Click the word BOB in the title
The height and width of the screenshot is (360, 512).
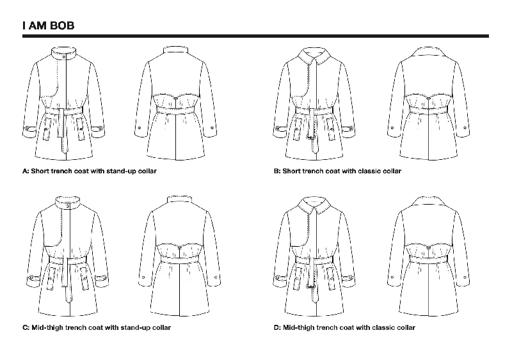pyautogui.click(x=62, y=26)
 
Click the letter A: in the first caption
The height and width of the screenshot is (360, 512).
pyautogui.click(x=26, y=171)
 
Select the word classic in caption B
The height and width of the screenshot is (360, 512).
pyautogui.click(x=371, y=171)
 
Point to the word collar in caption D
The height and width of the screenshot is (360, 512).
pyautogui.click(x=405, y=327)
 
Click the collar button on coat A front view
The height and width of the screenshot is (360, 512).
pyautogui.click(x=63, y=57)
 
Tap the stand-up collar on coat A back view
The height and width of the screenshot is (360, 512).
pyautogui.click(x=175, y=51)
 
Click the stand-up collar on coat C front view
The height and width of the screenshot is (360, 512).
pyautogui.click(x=68, y=202)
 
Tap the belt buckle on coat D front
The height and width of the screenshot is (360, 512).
pyautogui.click(x=310, y=286)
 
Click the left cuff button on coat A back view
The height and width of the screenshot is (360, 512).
pyautogui.click(x=140, y=128)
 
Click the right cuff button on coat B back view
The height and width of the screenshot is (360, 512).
pyautogui.click(x=465, y=128)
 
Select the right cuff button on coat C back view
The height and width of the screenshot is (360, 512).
pyautogui.click(x=216, y=277)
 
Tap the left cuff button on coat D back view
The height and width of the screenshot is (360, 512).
pyautogui.click(x=392, y=277)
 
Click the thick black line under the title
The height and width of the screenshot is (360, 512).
pyautogui.click(x=255, y=36)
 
